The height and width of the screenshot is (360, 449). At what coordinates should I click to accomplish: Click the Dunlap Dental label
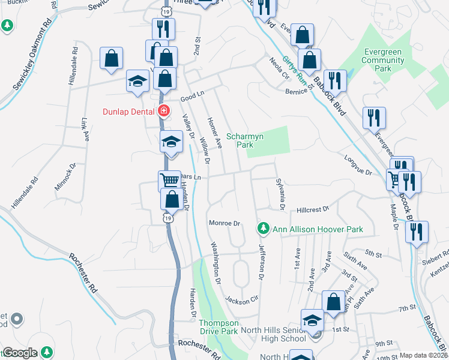point(127,111)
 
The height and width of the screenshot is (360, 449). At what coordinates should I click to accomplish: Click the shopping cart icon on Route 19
point(169,179)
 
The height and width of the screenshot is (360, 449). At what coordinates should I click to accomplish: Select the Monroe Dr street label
point(224,223)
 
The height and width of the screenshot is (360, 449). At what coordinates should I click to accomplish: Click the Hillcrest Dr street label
point(313,210)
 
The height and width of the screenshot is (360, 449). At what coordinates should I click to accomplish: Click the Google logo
point(20,353)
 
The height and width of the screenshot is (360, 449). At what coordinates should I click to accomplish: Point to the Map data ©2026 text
point(424,355)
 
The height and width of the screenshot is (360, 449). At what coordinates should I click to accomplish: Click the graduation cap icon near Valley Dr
point(171,143)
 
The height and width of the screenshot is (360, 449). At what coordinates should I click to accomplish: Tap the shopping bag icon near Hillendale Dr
point(111,58)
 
